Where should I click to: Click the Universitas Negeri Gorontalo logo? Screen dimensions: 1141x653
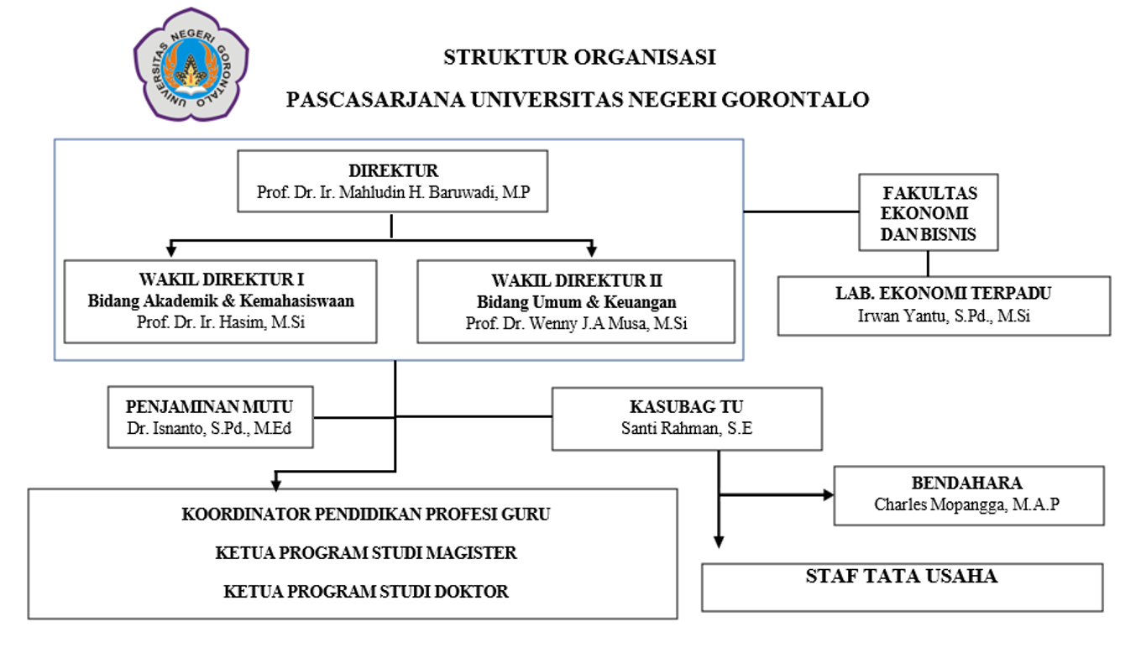pyautogui.click(x=191, y=65)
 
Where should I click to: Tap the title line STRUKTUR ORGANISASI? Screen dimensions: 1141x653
pyautogui.click(x=579, y=57)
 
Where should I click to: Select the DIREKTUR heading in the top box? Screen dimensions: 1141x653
pyautogui.click(x=393, y=170)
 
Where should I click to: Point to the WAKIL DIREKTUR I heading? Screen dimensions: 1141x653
pyautogui.click(x=221, y=279)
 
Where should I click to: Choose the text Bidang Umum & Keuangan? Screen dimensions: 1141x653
pyautogui.click(x=576, y=301)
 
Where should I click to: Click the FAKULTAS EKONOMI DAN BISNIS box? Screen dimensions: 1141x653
pyautogui.click(x=928, y=212)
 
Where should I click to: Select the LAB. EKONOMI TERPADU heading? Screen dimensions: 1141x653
pyautogui.click(x=944, y=294)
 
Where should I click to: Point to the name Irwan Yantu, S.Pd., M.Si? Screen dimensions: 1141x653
pyautogui.click(x=944, y=316)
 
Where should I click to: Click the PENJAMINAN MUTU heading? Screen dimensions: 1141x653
pyautogui.click(x=209, y=406)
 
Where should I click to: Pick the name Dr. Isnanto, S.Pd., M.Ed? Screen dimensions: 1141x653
pyautogui.click(x=209, y=428)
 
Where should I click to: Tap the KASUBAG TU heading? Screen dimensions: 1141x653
pyautogui.click(x=686, y=406)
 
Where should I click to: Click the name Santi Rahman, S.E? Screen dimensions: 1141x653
pyautogui.click(x=686, y=428)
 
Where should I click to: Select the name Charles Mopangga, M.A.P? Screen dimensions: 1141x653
pyautogui.click(x=967, y=504)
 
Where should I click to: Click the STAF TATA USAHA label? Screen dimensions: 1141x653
pyautogui.click(x=902, y=576)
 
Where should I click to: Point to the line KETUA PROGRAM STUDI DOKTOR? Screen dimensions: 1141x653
pyautogui.click(x=366, y=592)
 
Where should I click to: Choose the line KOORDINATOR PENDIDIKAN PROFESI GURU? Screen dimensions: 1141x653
pyautogui.click(x=366, y=514)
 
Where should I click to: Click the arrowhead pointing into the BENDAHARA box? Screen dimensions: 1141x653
pyautogui.click(x=828, y=494)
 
